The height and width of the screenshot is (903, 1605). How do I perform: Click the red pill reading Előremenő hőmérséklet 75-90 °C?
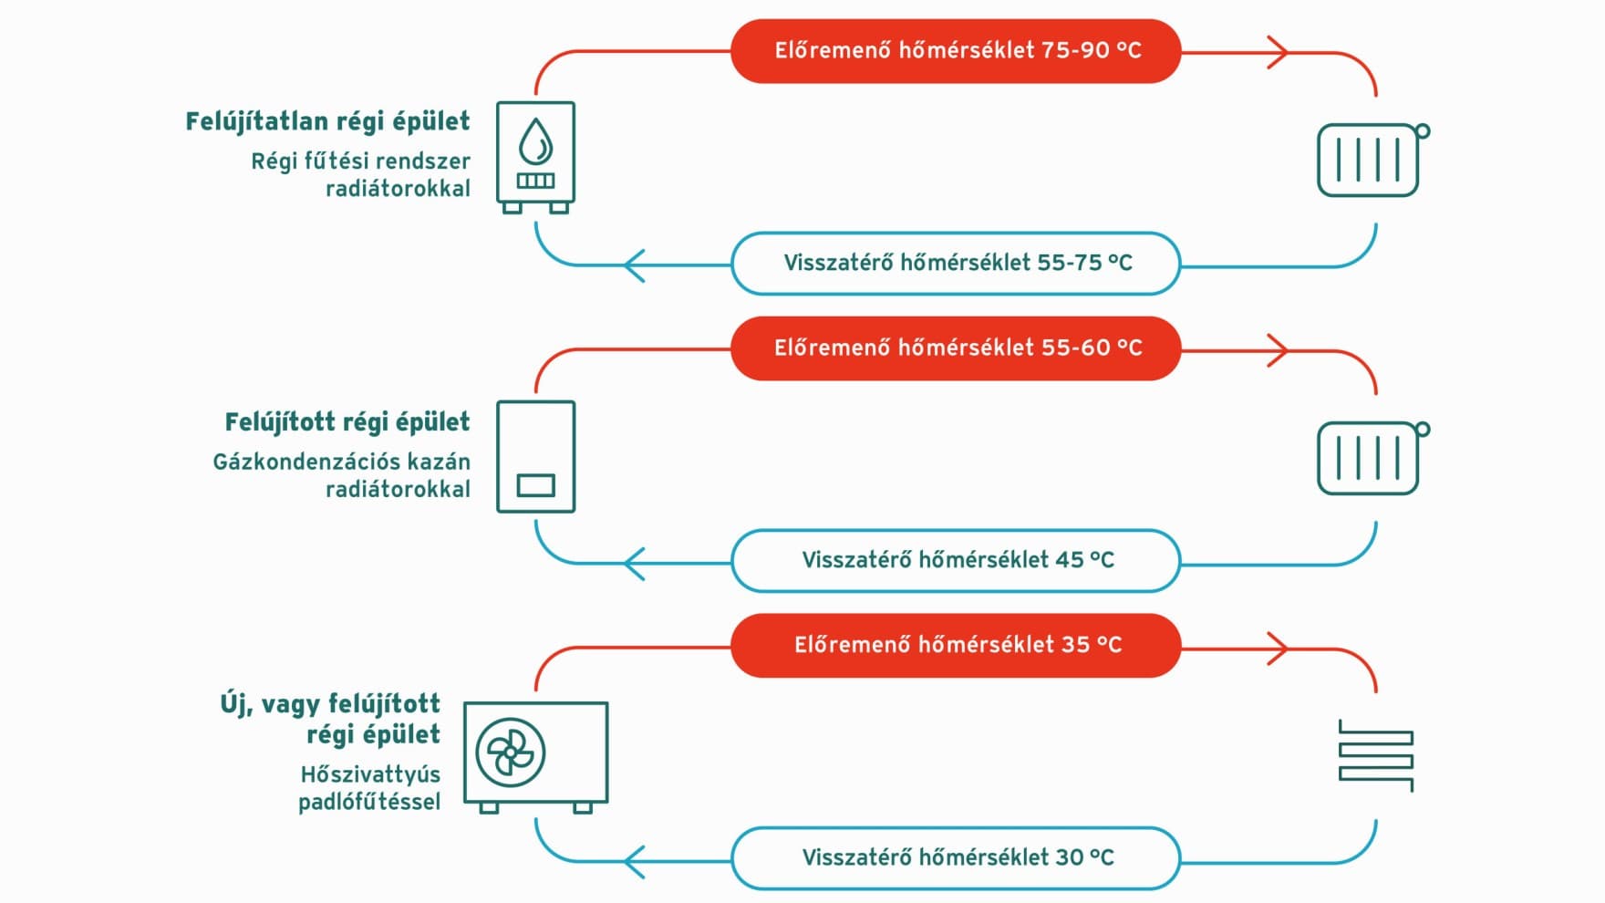pyautogui.click(x=956, y=51)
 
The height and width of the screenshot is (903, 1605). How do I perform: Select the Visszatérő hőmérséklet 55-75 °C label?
pyautogui.click(x=956, y=264)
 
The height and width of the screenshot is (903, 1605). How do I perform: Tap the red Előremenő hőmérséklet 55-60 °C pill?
pyautogui.click(x=956, y=348)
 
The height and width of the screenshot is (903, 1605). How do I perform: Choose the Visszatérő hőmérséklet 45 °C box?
pyautogui.click(x=956, y=561)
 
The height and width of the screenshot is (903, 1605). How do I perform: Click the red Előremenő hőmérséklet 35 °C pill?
pyautogui.click(x=956, y=646)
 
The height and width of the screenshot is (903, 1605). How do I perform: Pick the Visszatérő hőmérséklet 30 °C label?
pyautogui.click(x=956, y=858)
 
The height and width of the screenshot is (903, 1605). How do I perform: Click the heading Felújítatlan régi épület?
pyautogui.click(x=327, y=122)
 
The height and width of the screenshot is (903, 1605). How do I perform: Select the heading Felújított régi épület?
pyautogui.click(x=347, y=422)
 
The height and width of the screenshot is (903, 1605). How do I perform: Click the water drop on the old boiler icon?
pyautogui.click(x=535, y=142)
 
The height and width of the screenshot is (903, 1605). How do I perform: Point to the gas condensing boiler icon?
pyautogui.click(x=536, y=456)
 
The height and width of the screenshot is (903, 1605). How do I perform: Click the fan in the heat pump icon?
pyautogui.click(x=511, y=752)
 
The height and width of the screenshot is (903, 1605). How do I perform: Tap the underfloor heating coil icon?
pyautogui.click(x=1376, y=755)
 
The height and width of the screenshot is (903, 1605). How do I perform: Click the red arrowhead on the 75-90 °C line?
pyautogui.click(x=1279, y=52)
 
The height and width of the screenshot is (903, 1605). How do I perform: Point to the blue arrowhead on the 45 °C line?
pyautogui.click(x=635, y=564)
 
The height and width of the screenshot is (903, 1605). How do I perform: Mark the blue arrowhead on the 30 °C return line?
pyautogui.click(x=635, y=861)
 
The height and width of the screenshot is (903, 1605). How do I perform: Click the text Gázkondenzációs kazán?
pyautogui.click(x=342, y=462)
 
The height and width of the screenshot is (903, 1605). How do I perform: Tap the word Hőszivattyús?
pyautogui.click(x=370, y=774)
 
